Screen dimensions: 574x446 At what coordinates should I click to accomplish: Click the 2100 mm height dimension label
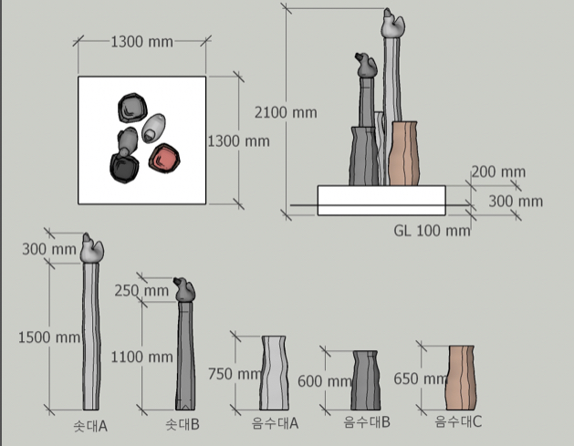286,113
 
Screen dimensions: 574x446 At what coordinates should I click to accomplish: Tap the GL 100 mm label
432,231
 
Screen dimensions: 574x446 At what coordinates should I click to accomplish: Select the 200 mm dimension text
498,171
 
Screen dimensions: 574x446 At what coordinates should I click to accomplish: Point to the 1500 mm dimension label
49,337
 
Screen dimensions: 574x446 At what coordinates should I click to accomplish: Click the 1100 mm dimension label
142,357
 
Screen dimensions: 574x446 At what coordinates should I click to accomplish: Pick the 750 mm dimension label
235,374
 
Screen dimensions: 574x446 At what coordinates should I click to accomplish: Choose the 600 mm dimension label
324,381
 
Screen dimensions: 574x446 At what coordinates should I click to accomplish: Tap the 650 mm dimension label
421,379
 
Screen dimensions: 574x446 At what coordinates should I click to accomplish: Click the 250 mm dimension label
141,291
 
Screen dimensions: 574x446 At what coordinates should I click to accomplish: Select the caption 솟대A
90,426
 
